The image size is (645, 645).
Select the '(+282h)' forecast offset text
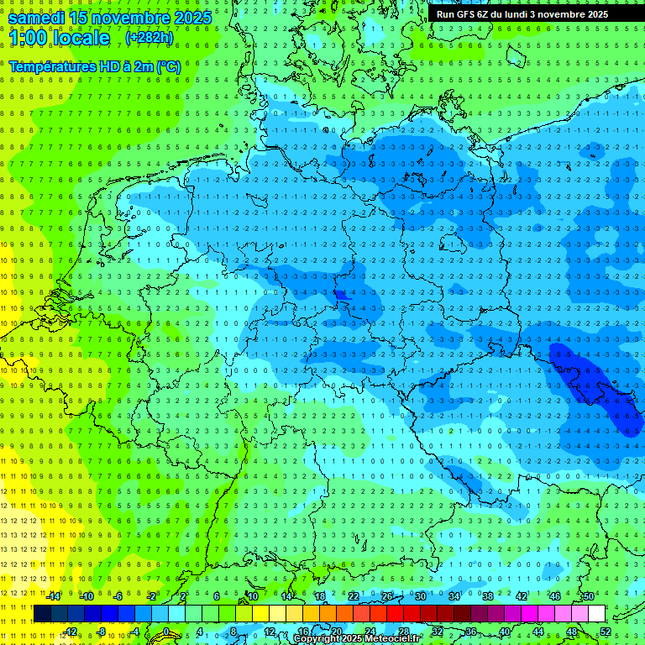point(149,38)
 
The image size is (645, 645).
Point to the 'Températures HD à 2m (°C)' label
point(95,66)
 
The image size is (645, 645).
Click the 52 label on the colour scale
point(606,632)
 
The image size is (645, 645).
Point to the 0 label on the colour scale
point(167,632)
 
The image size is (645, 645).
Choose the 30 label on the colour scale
point(420,596)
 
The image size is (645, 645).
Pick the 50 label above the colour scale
point(589,596)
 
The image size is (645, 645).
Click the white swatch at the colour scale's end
point(596,614)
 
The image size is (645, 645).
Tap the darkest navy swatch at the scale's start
point(42,614)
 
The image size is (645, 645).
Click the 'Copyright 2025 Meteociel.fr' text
point(356,639)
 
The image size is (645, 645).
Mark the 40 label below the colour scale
point(505,632)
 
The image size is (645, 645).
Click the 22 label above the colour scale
point(354,596)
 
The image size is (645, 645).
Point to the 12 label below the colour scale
point(270,632)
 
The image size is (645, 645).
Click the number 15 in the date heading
point(80,18)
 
